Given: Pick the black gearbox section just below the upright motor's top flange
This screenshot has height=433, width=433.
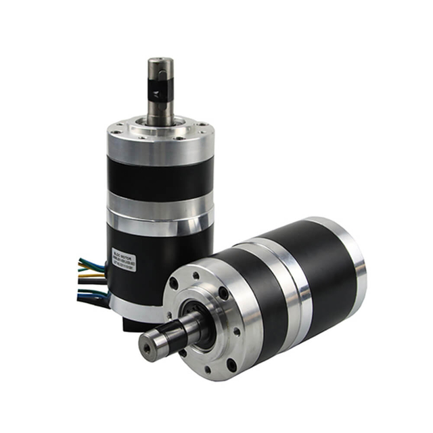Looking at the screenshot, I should pos(160,178).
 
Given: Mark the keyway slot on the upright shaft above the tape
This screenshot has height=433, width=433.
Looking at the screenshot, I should pos(161,74).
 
